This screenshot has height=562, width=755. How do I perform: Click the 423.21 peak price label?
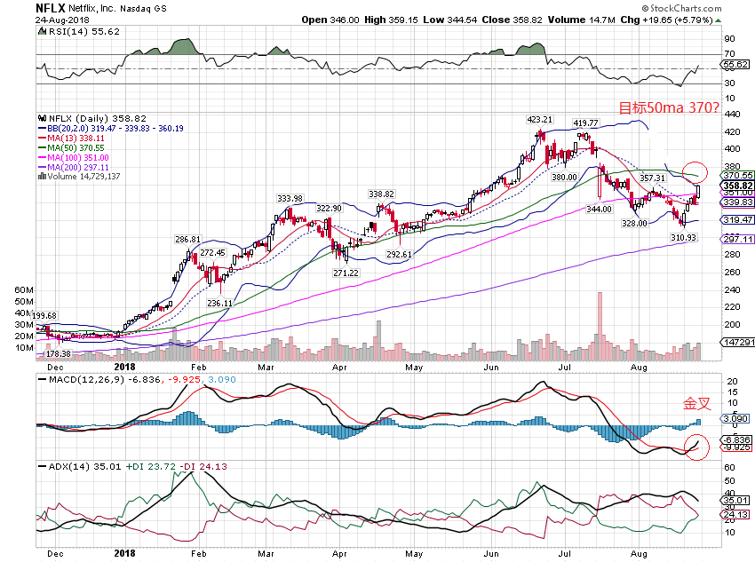click(x=540, y=119)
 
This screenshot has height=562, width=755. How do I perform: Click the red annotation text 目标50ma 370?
click(x=668, y=108)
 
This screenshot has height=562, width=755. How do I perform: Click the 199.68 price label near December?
click(x=44, y=315)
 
